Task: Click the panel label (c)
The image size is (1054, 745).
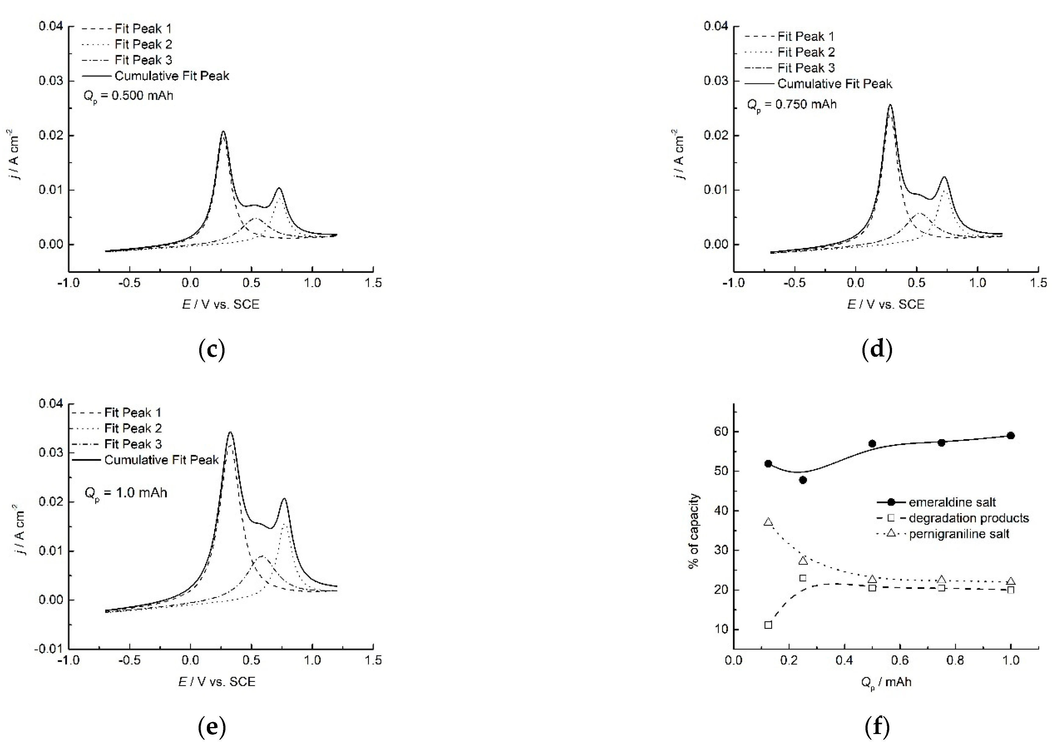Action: click(211, 350)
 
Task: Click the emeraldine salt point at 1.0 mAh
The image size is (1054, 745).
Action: click(1010, 435)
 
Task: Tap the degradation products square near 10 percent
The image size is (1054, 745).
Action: click(768, 625)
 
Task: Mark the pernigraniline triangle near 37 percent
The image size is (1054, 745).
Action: click(768, 522)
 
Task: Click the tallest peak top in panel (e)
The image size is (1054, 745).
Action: click(230, 432)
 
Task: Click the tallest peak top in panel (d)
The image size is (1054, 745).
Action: click(890, 105)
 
